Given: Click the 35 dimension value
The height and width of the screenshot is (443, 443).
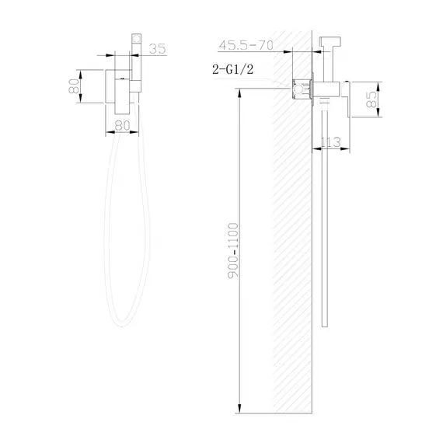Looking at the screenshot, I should click(158, 48).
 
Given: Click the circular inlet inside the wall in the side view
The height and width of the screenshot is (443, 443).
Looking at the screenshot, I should click(298, 91).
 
